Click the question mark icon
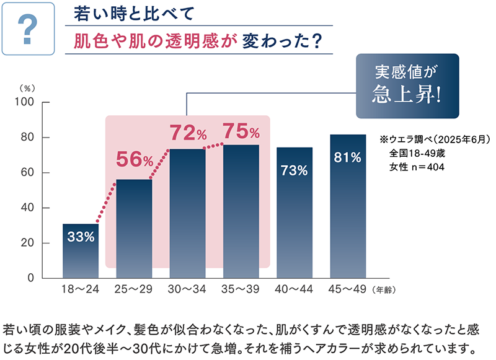pos(29,30)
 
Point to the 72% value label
pos(187,132)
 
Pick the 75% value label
pos(241,131)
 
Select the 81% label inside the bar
pos(347,157)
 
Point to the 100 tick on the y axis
pos(30,102)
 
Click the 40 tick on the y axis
pos(32,208)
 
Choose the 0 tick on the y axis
pos(36,279)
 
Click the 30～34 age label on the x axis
pos(187,289)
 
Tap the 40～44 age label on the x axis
pos(294,289)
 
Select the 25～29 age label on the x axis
pos(134,289)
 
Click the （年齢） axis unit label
pos(384,289)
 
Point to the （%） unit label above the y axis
pos(29,89)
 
